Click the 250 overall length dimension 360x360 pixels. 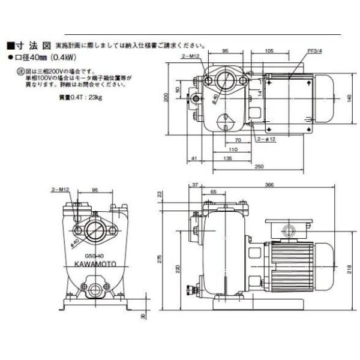[260, 166]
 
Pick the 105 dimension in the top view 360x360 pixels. [269, 52]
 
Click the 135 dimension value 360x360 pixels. [228, 158]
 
